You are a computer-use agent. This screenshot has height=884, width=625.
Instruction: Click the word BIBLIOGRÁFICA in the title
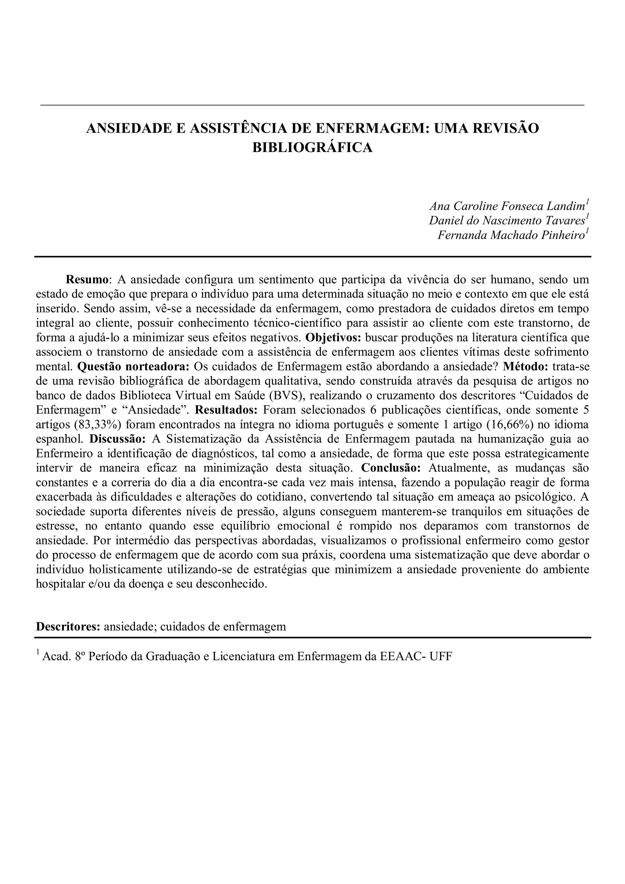(312, 147)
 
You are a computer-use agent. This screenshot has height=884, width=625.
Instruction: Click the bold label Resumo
(87, 279)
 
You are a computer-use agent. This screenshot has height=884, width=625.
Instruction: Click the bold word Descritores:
(68, 626)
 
